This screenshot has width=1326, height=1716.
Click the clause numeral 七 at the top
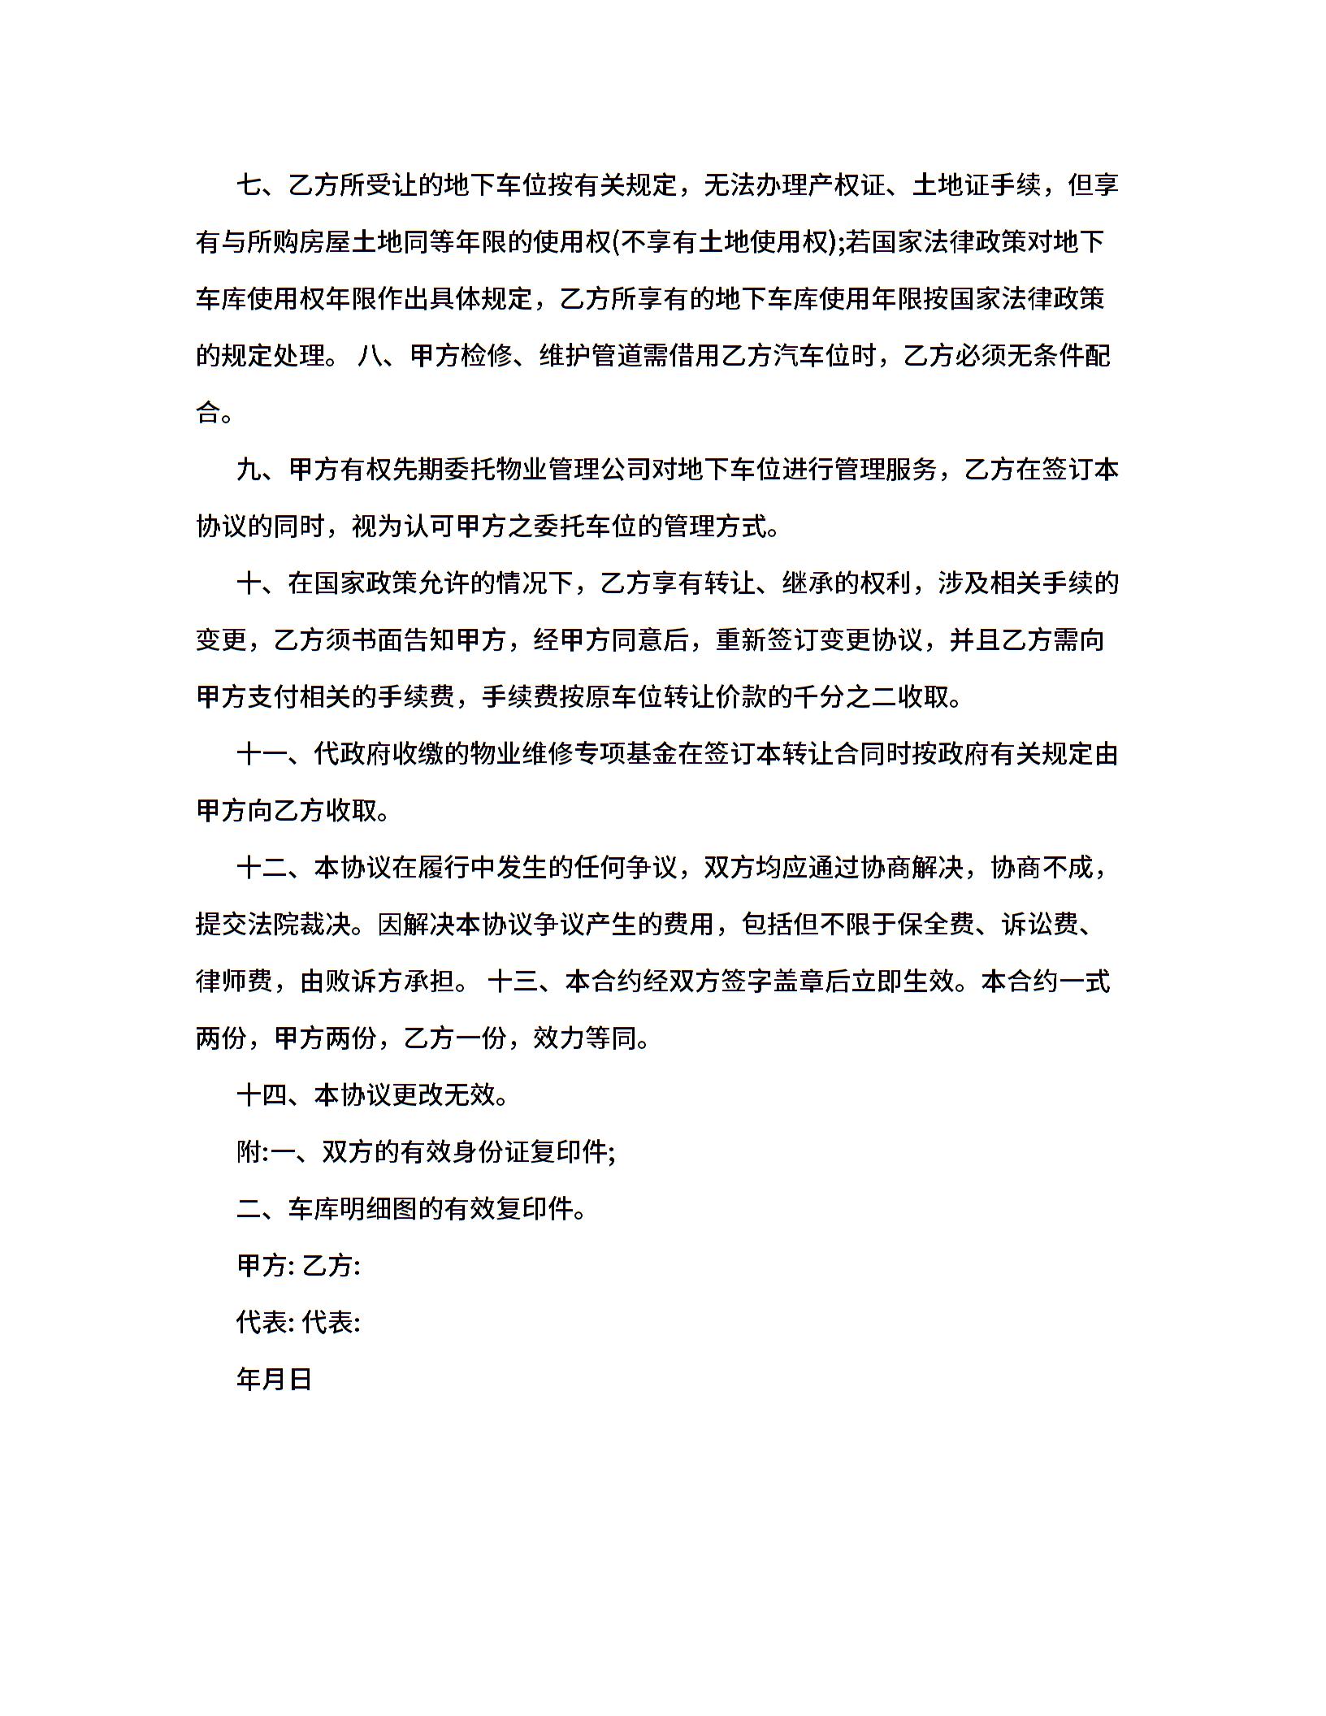pos(249,185)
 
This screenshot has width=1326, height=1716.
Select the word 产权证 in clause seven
pos(847,185)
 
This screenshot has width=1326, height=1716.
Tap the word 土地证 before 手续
pos(951,185)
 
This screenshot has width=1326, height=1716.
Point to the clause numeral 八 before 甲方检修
pos(370,356)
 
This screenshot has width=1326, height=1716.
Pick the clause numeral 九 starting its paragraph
pos(249,470)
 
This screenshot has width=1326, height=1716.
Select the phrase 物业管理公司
pos(574,470)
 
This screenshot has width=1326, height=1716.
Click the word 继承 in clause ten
pos(808,583)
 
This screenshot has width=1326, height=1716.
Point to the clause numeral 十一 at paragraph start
pos(262,754)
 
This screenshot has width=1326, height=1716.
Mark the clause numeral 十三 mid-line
pos(513,981)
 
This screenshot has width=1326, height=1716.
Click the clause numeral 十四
pos(262,1095)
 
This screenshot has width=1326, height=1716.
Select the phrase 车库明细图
pos(353,1209)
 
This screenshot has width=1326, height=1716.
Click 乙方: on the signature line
pos(331,1266)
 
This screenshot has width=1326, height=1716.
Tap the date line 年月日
pos(275,1380)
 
